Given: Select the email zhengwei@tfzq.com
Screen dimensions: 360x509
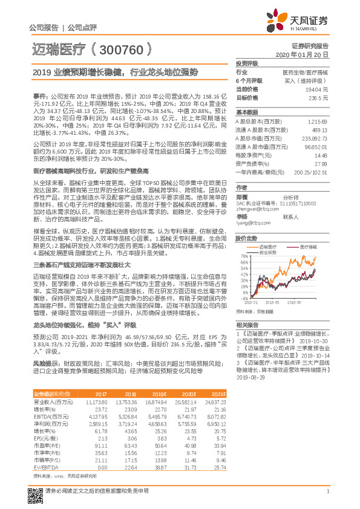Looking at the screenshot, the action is point(255,208).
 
